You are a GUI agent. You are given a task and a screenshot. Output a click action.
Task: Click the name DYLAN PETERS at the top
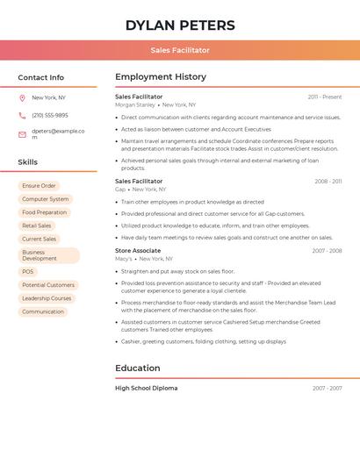(180, 25)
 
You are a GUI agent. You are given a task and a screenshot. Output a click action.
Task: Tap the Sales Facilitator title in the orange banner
(180, 51)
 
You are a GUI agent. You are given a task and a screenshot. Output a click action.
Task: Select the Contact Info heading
(41, 77)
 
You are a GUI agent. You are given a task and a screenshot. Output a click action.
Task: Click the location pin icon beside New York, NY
(22, 97)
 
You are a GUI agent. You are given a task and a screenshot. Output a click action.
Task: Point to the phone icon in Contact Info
(22, 115)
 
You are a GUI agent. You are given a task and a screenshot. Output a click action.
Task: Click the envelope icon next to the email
(22, 134)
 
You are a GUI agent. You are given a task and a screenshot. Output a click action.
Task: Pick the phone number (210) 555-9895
(50, 115)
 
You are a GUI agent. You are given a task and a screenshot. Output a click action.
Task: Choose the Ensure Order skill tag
(39, 186)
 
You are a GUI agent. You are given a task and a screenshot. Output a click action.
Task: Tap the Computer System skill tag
(45, 199)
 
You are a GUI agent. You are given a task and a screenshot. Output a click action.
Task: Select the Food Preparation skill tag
(44, 212)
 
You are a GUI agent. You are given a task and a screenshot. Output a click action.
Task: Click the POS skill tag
(28, 272)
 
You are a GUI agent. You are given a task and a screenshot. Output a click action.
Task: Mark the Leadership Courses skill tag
(47, 298)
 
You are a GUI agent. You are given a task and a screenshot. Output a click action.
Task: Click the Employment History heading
(161, 77)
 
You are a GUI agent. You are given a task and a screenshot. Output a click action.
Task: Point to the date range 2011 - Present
(325, 97)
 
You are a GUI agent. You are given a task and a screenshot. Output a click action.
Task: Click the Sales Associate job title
(139, 181)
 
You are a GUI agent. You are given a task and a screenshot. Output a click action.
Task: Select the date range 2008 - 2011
(328, 182)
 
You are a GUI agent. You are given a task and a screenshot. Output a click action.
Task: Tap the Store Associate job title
(138, 251)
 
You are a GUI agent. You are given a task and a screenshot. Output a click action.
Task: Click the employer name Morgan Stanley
(135, 104)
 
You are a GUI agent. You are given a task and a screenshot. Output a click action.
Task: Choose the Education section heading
(138, 368)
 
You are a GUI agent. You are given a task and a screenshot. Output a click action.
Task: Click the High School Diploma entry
(147, 388)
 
